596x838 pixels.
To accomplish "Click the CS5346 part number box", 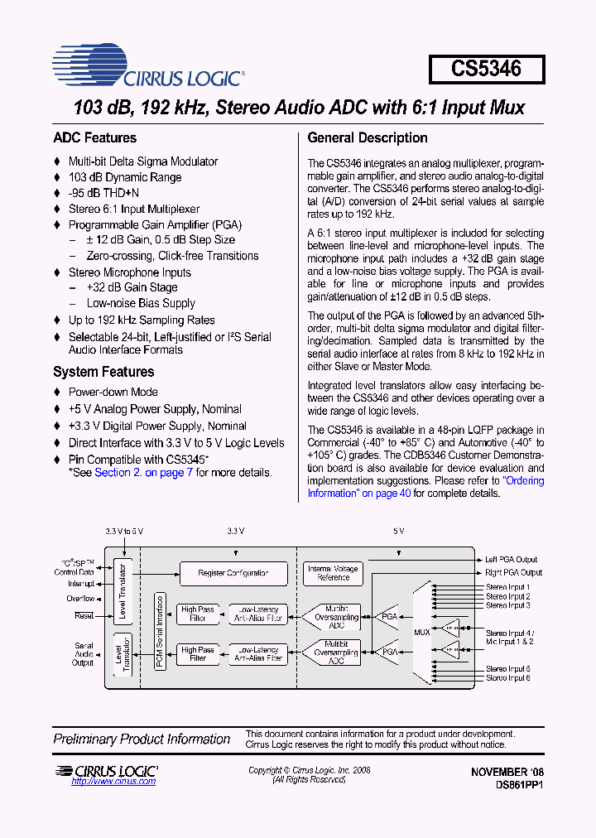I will tap(487, 69).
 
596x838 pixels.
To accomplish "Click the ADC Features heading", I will tap(94, 138).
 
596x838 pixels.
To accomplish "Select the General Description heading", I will tap(368, 138).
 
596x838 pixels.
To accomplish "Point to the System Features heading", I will tap(103, 372).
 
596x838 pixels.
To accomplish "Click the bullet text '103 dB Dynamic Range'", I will tap(125, 177).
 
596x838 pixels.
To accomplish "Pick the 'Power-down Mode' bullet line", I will tap(113, 392).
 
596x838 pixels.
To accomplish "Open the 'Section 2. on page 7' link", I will tap(144, 473).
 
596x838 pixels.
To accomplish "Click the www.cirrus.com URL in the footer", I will tap(113, 782).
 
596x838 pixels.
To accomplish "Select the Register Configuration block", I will tap(233, 573).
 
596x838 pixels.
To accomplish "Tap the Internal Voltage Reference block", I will tap(333, 573).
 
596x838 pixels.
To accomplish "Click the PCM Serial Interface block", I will tap(160, 631).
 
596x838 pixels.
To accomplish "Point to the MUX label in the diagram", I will tap(422, 632).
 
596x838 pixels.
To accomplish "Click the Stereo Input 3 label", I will tap(507, 605).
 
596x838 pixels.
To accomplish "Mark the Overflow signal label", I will tap(80, 598).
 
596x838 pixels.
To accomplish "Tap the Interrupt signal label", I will tap(80, 584).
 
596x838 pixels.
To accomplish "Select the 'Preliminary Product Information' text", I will tap(142, 739).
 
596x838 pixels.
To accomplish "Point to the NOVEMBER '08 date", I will tap(507, 772).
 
